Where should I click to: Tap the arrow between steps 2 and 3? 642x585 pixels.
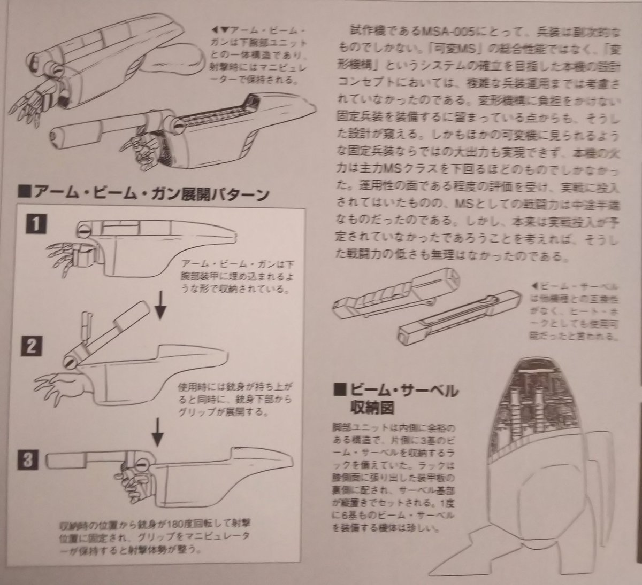[158, 430]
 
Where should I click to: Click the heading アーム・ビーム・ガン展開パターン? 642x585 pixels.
[143, 192]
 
